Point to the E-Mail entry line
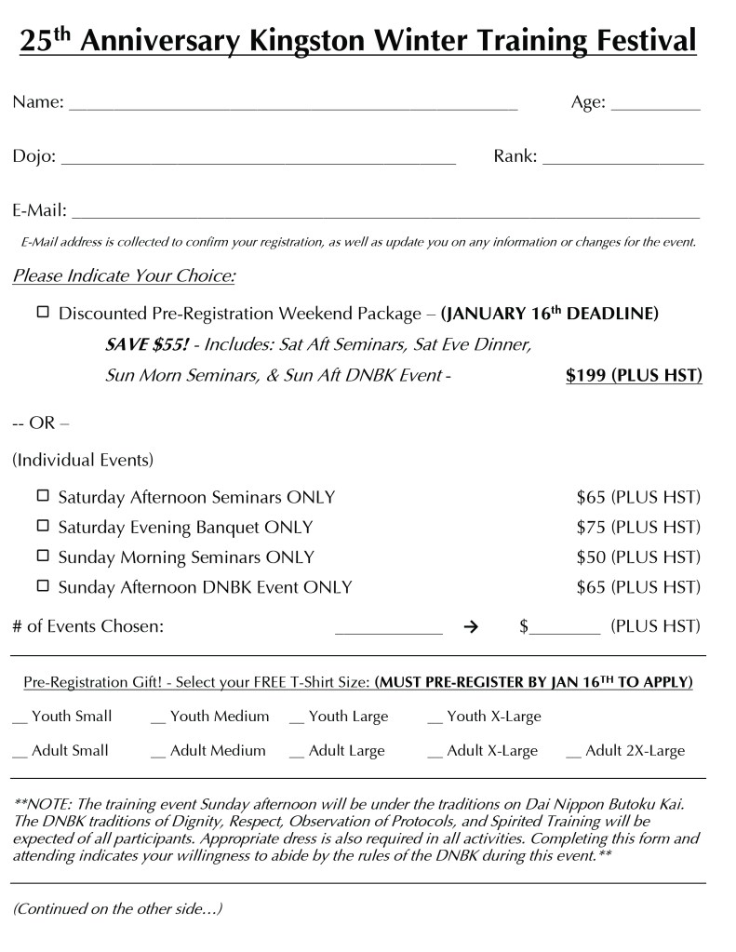[384, 216]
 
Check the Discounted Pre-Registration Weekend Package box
[43, 313]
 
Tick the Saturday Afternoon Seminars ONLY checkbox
[43, 496]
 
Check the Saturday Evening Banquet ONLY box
[43, 526]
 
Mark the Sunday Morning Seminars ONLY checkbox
[43, 556]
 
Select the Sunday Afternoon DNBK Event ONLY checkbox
[43, 586]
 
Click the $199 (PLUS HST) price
[634, 376]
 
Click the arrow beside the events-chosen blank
[471, 627]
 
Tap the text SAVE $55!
[147, 345]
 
